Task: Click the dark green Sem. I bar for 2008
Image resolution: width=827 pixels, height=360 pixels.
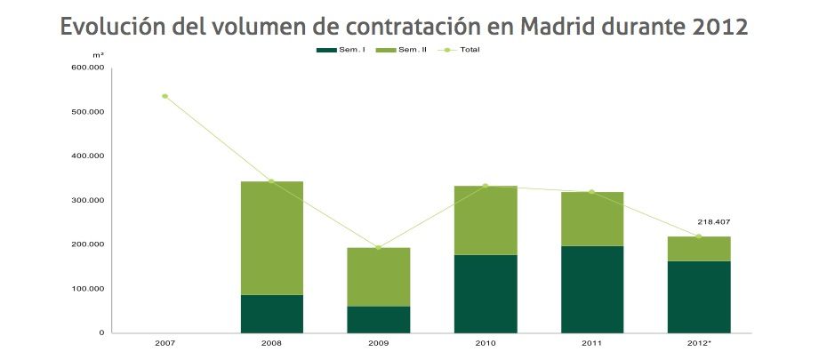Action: (272, 314)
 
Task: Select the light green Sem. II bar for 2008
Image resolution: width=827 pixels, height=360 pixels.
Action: (272, 238)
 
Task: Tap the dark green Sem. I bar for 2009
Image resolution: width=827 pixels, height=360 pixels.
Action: (379, 319)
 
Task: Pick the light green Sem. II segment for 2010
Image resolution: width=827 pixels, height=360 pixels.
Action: (486, 220)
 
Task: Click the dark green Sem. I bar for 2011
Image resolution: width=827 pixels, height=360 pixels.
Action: (592, 289)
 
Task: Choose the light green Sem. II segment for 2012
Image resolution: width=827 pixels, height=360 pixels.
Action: (699, 249)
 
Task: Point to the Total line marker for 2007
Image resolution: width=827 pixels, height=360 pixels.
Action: (165, 96)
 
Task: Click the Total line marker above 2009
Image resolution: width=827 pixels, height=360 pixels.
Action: (379, 247)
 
